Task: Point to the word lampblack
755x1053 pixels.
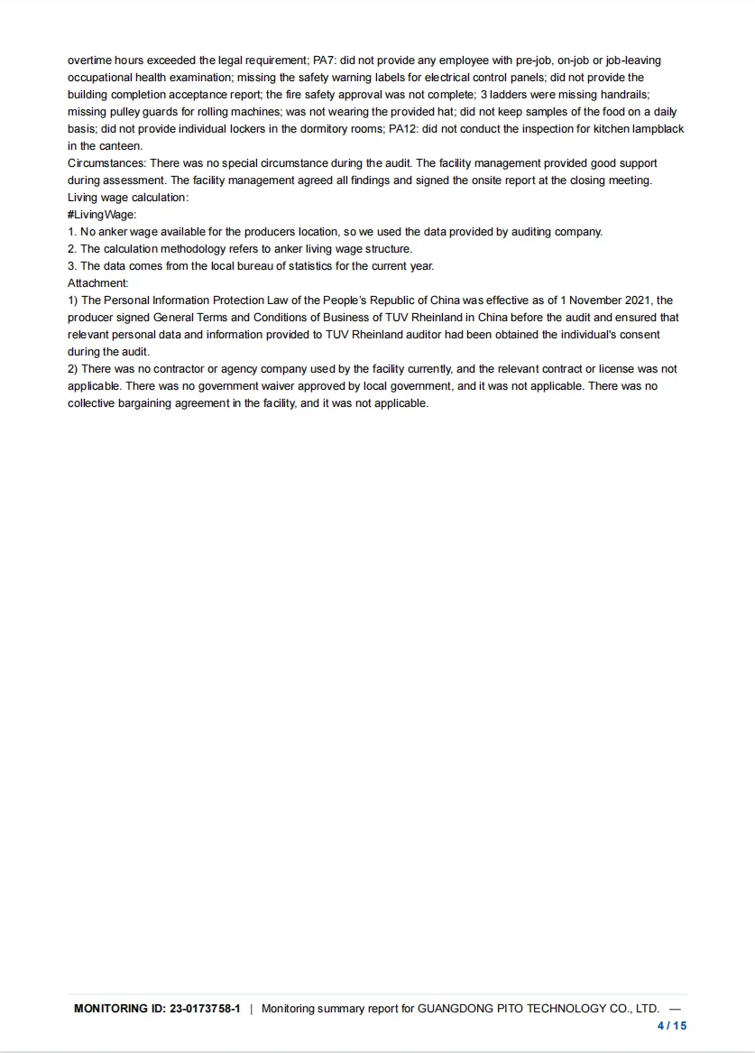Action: click(x=658, y=129)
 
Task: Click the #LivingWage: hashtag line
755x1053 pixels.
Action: click(x=102, y=215)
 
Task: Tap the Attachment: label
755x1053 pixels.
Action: click(x=98, y=283)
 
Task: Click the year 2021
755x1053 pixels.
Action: click(x=636, y=300)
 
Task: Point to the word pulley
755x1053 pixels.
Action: click(x=124, y=112)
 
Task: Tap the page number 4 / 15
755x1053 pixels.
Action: click(x=672, y=1026)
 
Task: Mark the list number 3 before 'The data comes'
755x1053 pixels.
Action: click(x=71, y=266)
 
